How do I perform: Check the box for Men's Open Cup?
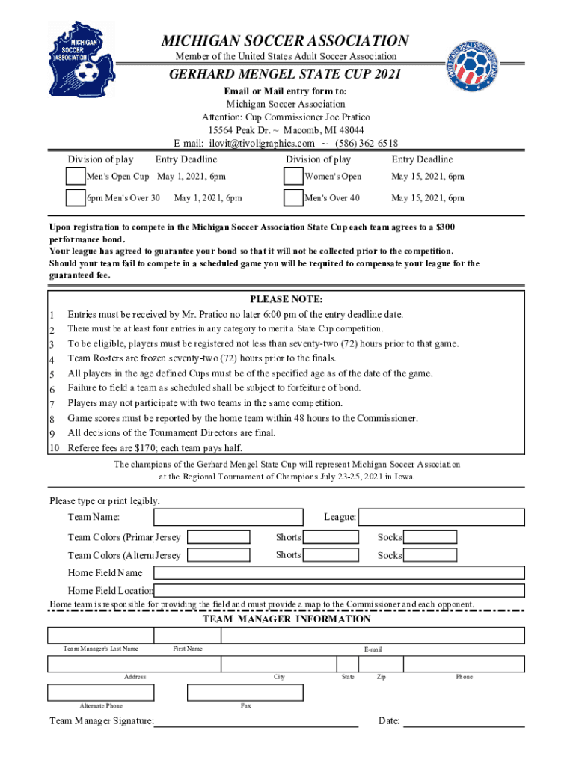pos(75,177)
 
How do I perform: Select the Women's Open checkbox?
pos(293,177)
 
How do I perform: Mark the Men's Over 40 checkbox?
pos(293,198)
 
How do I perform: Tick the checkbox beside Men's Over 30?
pos(75,198)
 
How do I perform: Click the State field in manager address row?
pos(348,664)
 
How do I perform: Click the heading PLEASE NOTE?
pos(287,299)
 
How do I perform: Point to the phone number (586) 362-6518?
pos(366,144)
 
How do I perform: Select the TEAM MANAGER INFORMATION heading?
pos(287,619)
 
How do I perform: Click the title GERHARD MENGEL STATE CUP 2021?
pos(287,74)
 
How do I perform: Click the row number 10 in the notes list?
pos(55,448)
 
